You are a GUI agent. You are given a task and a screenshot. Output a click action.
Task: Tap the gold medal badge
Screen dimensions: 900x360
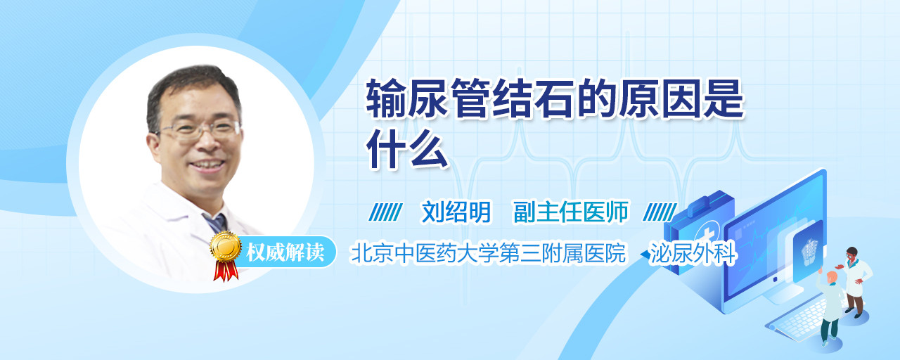[x=226, y=247]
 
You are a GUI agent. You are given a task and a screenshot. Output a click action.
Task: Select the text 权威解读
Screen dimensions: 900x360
[x=285, y=252]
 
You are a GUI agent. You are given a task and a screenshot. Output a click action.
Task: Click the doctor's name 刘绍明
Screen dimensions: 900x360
[x=456, y=212]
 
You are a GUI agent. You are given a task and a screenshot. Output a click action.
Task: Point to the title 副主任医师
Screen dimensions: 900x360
[x=571, y=212]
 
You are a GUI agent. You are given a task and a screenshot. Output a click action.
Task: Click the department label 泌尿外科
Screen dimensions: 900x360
[x=693, y=254]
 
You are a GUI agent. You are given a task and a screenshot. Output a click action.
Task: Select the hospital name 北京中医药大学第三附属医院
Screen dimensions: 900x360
[x=488, y=254]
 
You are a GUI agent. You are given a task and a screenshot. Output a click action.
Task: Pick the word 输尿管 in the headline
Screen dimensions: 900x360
[x=427, y=99]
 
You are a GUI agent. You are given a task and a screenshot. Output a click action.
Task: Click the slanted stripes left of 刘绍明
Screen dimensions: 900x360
[x=385, y=212]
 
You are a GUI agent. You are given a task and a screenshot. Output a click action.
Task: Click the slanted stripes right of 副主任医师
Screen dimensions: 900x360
[x=660, y=212]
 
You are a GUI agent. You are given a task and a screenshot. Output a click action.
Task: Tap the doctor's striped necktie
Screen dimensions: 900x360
[x=216, y=223]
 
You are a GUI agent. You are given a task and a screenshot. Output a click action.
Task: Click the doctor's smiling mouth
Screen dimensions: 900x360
[x=207, y=165]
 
